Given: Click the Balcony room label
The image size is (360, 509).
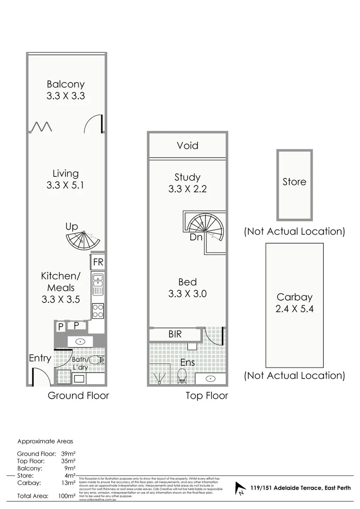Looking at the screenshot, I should point(65,84).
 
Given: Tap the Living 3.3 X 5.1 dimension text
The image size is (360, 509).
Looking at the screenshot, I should point(65,185).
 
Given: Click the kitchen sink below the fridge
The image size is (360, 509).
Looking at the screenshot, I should point(98,284).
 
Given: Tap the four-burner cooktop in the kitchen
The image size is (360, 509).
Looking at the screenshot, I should point(98,310).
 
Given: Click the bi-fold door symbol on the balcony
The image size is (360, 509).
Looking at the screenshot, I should point(41,126).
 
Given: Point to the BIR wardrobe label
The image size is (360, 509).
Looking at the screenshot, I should point(175,335).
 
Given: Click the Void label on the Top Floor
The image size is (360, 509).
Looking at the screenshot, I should point(188,146).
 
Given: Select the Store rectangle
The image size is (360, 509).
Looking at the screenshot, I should point(295,185).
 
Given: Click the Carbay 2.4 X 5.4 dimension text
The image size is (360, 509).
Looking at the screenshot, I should point(295,309).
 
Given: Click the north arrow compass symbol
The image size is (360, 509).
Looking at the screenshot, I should point(241,489).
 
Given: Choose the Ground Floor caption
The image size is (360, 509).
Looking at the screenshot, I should point(78,395).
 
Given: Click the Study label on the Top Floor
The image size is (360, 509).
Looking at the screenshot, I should point(188,177).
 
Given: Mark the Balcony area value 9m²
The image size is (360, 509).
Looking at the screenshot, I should point(69,468).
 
